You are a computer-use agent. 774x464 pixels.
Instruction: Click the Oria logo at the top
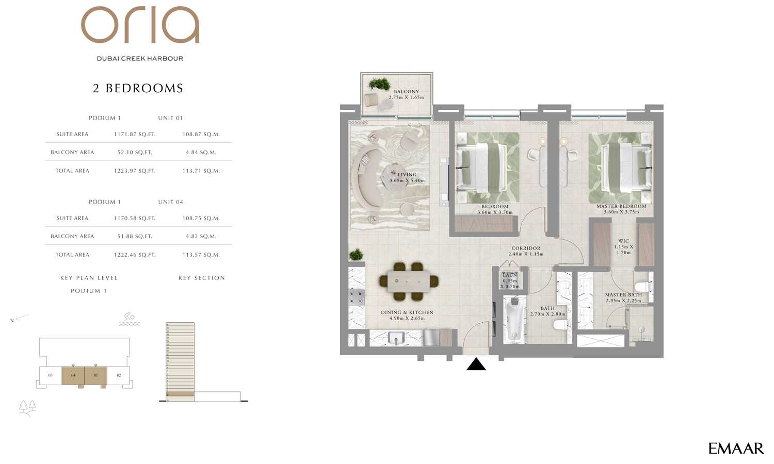point(140,25)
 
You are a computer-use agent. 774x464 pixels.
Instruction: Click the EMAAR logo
point(735,449)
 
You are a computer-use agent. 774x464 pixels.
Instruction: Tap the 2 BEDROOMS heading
point(138,88)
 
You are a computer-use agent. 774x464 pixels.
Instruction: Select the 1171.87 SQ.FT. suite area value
point(135,134)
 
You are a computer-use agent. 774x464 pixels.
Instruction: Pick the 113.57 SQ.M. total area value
point(201,255)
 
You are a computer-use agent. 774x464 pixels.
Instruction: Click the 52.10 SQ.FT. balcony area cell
point(135,152)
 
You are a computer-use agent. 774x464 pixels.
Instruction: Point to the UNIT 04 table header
point(170,202)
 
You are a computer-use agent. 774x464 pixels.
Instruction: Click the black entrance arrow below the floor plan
point(476,364)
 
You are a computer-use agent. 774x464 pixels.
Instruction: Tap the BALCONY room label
point(406,92)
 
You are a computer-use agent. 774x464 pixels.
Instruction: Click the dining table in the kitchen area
point(408,281)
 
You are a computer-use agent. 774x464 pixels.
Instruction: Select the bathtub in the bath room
point(514,320)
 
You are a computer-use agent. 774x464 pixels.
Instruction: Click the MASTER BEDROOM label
point(621,206)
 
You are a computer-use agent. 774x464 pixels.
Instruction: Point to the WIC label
point(623,241)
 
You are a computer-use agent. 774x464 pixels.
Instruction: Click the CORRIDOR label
point(526,248)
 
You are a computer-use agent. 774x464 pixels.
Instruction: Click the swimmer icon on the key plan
point(129,319)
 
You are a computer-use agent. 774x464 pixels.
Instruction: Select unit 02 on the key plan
point(119,375)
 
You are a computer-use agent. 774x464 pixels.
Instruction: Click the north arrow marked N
point(19,319)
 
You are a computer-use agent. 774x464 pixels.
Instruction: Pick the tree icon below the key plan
point(27,407)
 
